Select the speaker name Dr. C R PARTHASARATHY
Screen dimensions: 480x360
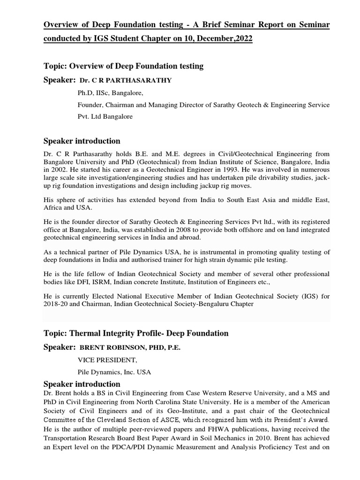tap(126, 81)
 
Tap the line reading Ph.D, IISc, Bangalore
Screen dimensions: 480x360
tap(110, 92)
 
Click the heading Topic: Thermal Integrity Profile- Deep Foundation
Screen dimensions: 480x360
tap(136, 333)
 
